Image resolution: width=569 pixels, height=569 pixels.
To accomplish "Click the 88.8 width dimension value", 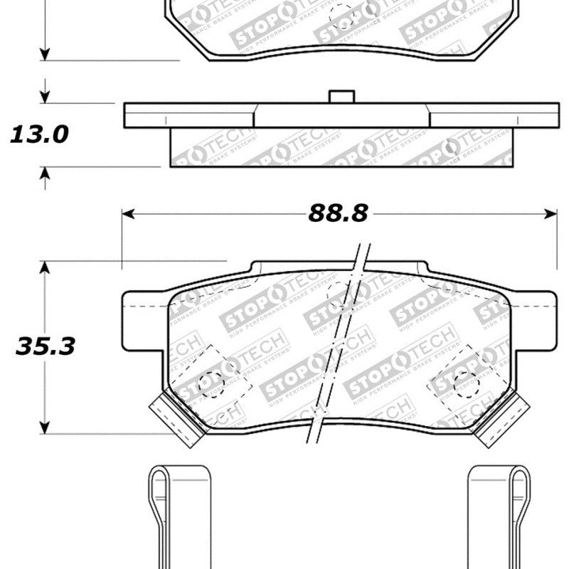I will click(x=338, y=213).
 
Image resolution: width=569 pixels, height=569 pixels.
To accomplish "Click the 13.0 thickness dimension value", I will click(x=39, y=134).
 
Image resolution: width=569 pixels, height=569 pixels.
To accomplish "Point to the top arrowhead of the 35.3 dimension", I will click(x=46, y=267).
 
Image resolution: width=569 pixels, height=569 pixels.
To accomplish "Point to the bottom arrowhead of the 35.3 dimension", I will click(x=46, y=429).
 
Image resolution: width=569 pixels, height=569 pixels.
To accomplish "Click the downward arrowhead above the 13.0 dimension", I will click(x=46, y=98).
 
